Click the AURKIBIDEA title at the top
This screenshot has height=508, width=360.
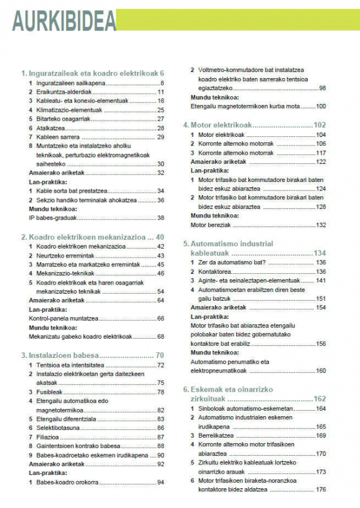[65, 22]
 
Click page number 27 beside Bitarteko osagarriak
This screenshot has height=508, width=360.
[160, 119]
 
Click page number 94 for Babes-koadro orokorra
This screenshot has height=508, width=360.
[160, 482]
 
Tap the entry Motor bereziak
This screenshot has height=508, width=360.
[208, 225]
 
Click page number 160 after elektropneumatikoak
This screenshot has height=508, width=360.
[321, 370]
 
